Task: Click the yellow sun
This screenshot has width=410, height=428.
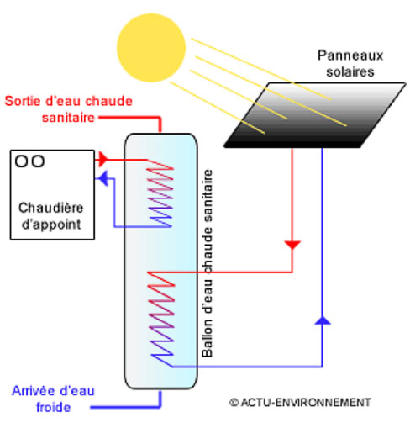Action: pos(151,48)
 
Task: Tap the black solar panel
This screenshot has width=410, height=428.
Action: pos(314,115)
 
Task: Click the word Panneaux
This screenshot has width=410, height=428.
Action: pos(350,55)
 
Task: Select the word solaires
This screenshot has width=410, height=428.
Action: pos(350,71)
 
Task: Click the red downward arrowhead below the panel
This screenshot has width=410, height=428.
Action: pos(292,245)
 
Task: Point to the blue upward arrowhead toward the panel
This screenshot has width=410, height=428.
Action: pos(323,320)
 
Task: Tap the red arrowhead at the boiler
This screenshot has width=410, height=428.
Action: pos(102,160)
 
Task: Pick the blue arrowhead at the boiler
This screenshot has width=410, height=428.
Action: pos(102,178)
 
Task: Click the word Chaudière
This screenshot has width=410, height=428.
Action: pos(51,208)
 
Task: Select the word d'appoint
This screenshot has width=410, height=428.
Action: pos(51,225)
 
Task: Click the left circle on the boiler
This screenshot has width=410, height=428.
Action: pos(21,161)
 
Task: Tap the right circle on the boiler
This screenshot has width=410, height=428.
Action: pos(38,161)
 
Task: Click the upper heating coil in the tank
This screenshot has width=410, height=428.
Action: pos(160,193)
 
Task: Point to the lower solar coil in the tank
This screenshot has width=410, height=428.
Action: pos(161,320)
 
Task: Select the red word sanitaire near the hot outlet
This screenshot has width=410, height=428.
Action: pos(68,118)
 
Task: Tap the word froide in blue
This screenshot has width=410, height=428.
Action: pos(53,407)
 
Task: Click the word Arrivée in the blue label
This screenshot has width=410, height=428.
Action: pos(34,391)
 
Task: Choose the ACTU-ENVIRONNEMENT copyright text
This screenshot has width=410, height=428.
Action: pos(300,403)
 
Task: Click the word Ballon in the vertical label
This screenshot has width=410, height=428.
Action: pos(208,338)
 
